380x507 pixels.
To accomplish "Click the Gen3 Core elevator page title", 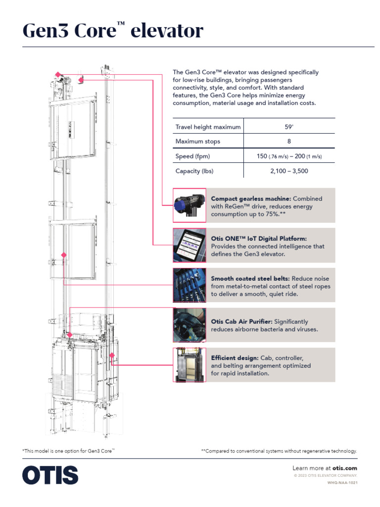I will [x=113, y=31].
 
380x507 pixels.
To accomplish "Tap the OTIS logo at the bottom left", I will [x=50, y=475].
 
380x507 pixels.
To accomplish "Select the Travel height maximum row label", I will [x=208, y=127].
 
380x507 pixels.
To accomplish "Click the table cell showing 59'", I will [x=289, y=127].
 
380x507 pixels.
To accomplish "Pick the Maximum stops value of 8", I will [x=289, y=142].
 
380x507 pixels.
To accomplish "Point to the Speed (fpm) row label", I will [x=192, y=156].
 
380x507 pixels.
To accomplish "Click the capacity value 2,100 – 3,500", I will [x=289, y=171].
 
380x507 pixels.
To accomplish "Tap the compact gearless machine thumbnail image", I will [x=190, y=205].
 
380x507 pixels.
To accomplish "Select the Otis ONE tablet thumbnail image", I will [x=190, y=245].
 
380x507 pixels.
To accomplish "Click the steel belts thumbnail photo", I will [x=190, y=285].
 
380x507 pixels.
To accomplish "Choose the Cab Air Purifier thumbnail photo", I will [x=190, y=325].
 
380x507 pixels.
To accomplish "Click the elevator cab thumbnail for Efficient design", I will [x=190, y=364].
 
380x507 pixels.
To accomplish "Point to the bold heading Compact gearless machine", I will [x=250, y=199].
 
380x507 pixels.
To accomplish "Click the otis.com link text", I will [x=344, y=468].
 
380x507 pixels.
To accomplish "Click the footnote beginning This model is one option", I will [x=68, y=451].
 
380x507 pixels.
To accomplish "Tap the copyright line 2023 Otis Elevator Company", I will [x=326, y=475].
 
